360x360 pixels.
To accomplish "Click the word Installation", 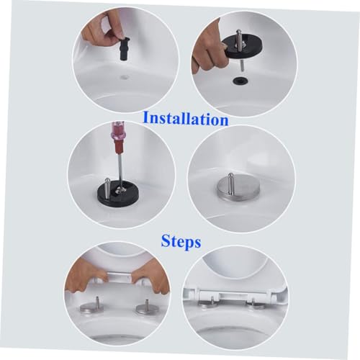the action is (x=185, y=119).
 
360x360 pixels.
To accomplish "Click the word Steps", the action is (x=181, y=241).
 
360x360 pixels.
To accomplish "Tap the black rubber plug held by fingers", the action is (x=125, y=49).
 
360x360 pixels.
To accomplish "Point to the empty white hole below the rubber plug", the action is (x=125, y=77).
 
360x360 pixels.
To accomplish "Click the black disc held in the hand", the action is (x=243, y=47).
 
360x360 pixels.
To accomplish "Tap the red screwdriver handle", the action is (x=118, y=139).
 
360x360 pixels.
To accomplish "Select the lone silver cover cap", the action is (x=238, y=189).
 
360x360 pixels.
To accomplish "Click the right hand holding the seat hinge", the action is (x=150, y=279).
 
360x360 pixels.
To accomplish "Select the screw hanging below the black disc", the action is (x=243, y=66).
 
